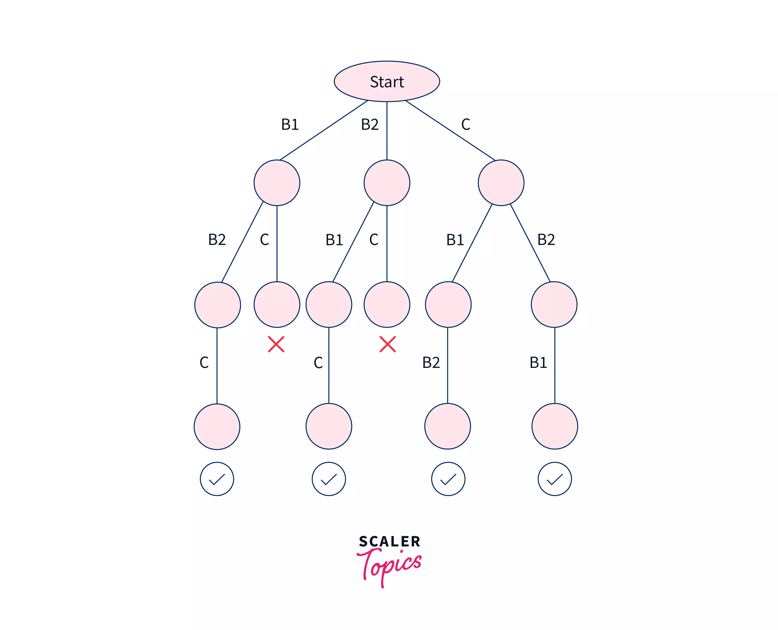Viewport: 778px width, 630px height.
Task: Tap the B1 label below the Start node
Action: tap(290, 125)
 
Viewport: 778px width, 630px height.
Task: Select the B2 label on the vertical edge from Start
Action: tap(369, 125)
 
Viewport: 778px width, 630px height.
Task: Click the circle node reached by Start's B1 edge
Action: tap(277, 183)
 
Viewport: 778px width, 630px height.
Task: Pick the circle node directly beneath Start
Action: tap(387, 183)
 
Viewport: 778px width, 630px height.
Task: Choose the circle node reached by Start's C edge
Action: tap(501, 183)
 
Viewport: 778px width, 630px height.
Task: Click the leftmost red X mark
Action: tap(276, 344)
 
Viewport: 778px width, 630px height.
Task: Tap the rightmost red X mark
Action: tap(387, 344)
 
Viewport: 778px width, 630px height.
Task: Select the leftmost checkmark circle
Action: tap(217, 479)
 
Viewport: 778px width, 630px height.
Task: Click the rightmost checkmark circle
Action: tap(555, 479)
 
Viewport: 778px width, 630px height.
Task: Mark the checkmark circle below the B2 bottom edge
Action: tap(448, 479)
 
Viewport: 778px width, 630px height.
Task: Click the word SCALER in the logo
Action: tap(389, 541)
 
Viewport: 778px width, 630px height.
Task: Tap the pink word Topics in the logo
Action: tap(389, 565)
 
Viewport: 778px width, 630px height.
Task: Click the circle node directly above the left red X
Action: tap(277, 304)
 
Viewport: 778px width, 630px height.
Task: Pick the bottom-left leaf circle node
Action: tap(217, 426)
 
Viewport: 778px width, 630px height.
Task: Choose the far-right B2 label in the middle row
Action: tap(546, 239)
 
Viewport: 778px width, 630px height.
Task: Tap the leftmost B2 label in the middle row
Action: tap(217, 239)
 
